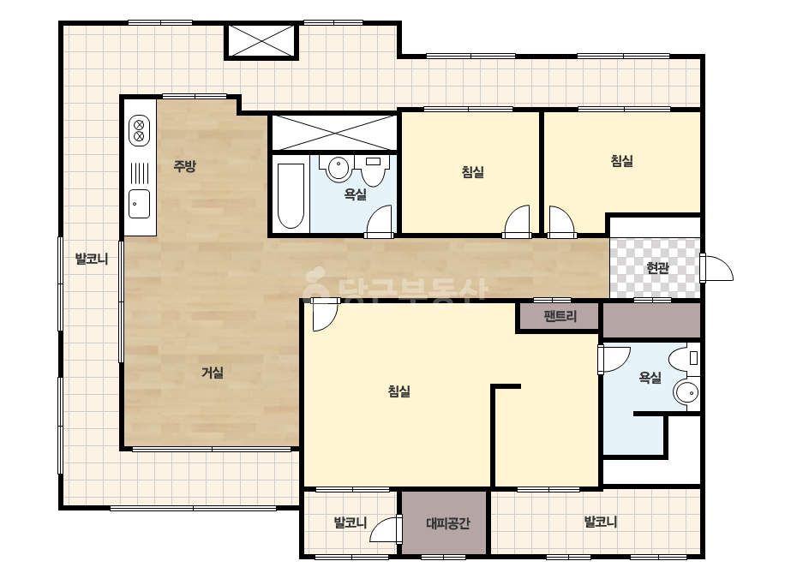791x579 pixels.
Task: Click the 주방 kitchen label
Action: point(184,165)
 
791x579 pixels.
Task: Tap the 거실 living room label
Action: point(213,373)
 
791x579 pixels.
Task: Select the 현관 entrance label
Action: point(657,267)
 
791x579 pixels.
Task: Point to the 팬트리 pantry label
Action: point(560,316)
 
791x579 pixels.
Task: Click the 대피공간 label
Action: point(448,523)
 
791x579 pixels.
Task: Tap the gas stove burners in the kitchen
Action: point(139,130)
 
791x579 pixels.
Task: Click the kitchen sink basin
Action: point(139,204)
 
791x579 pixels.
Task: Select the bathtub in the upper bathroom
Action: point(291,195)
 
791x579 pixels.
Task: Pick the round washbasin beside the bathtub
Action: point(339,167)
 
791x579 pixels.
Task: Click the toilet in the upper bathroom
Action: point(373,169)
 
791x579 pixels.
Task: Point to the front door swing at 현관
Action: point(716,266)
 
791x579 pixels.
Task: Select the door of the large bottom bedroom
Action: point(325,314)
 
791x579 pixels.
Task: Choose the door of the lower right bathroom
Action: point(614,359)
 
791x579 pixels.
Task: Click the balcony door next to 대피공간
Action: point(386,529)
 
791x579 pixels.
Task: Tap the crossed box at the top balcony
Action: point(261,40)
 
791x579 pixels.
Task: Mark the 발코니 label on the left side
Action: point(92,260)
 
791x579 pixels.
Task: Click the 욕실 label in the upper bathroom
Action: point(355,194)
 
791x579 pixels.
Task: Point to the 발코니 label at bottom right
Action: point(600,522)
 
